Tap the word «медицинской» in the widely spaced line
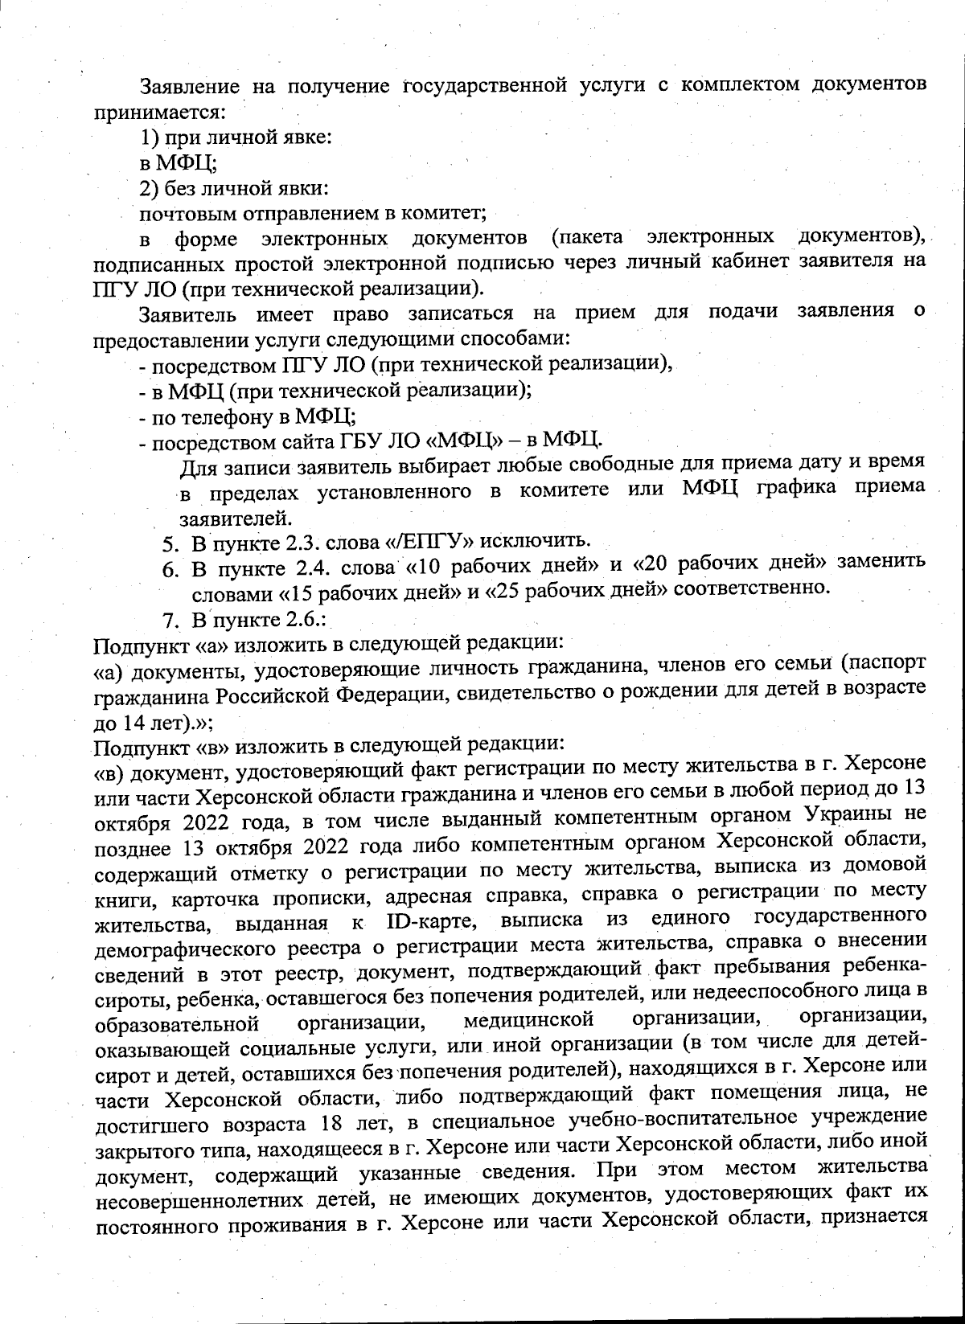(x=529, y=1022)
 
